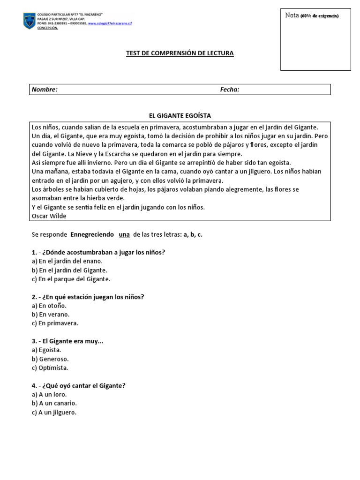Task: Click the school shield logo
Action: (x=29, y=21)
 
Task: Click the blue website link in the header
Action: (x=110, y=23)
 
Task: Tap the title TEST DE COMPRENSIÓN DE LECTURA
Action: (x=180, y=53)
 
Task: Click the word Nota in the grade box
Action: (x=292, y=15)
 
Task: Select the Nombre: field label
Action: (x=45, y=90)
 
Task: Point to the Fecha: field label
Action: (x=230, y=90)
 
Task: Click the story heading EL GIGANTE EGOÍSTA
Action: (x=180, y=115)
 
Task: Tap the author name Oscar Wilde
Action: (x=49, y=216)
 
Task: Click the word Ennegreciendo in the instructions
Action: (x=92, y=234)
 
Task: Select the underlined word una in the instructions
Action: (x=124, y=234)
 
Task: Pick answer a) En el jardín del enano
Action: (x=67, y=261)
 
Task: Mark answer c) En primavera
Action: (x=55, y=323)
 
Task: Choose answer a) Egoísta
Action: (x=46, y=350)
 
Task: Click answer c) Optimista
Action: (x=50, y=367)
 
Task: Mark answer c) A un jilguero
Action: (x=54, y=412)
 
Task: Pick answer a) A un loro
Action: (x=49, y=394)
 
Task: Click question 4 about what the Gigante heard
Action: (x=79, y=385)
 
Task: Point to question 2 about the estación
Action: (x=88, y=296)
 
